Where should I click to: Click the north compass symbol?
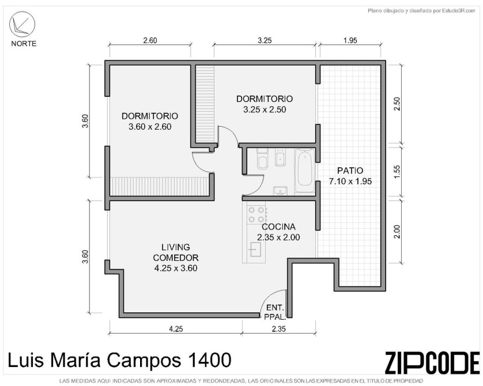point(22,24)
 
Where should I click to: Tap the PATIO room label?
point(350,171)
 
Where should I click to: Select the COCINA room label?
point(278,227)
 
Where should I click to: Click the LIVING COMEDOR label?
point(176,252)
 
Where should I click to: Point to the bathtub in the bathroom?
point(304,171)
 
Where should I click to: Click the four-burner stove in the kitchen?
point(256,214)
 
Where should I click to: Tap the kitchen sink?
point(256,249)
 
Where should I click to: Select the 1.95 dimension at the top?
point(350,40)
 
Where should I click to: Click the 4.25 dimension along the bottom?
point(176,329)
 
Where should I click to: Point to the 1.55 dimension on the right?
point(397,172)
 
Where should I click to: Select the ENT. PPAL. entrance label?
point(276,312)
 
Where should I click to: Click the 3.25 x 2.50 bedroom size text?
point(265,109)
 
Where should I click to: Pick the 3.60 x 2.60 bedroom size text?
point(150,127)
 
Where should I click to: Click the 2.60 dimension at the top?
point(150,40)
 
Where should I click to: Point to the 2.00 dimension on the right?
point(397,232)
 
